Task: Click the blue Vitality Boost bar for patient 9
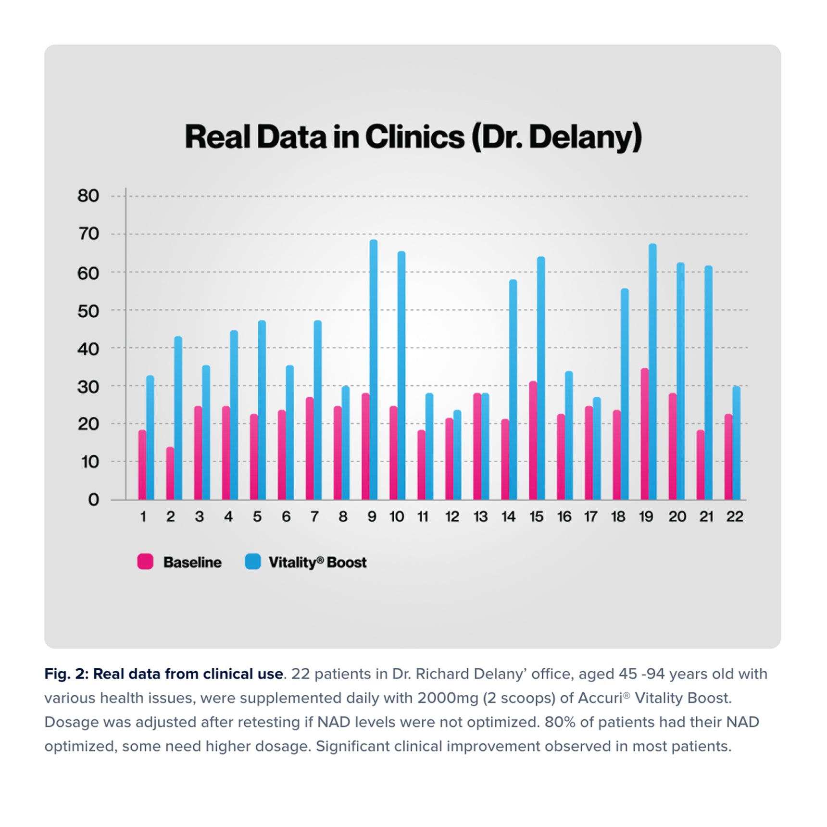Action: [373, 370]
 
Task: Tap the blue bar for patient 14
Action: [513, 389]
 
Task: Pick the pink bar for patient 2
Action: [170, 474]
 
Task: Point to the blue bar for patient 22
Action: [736, 443]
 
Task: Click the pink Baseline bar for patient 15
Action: [533, 440]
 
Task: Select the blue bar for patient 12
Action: [457, 455]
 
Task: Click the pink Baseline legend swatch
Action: [145, 562]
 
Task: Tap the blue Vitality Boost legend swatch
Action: [253, 562]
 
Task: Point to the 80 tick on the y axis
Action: [88, 196]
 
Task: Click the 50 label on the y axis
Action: [88, 311]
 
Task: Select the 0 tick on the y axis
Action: [93, 500]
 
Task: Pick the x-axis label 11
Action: [423, 517]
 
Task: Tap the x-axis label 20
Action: [677, 517]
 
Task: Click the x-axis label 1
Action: [143, 517]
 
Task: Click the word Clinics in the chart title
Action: [414, 137]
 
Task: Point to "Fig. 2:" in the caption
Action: [66, 674]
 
